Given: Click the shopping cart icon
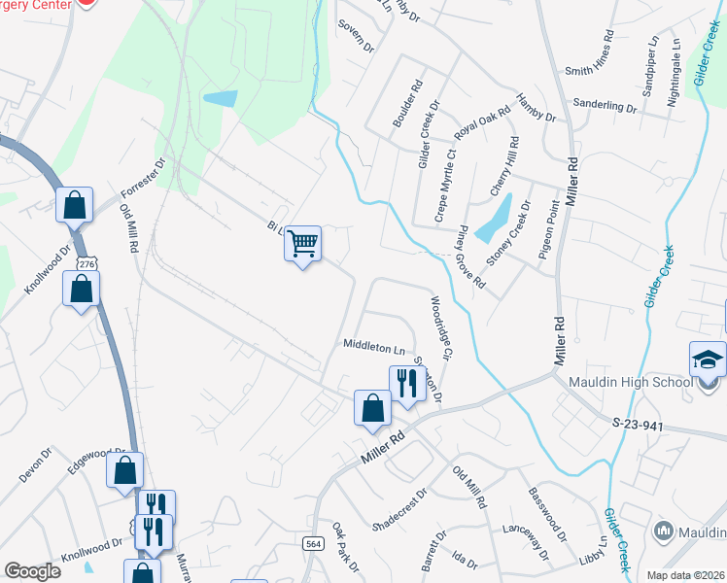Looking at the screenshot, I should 303,243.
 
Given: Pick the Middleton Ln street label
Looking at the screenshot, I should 373,347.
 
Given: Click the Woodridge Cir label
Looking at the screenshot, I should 439,328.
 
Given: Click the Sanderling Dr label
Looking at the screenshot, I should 604,105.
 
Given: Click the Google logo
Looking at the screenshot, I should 32,571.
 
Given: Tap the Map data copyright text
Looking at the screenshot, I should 684,575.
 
